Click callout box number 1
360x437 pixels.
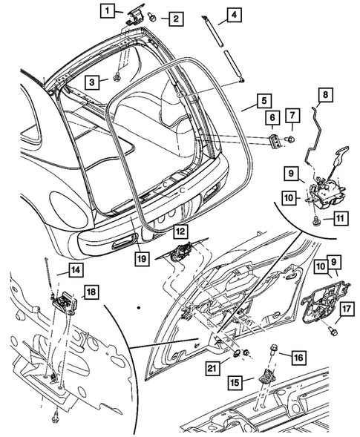109,10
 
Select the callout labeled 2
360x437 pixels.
175,18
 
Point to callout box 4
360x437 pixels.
233,15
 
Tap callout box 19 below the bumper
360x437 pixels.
141,259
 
